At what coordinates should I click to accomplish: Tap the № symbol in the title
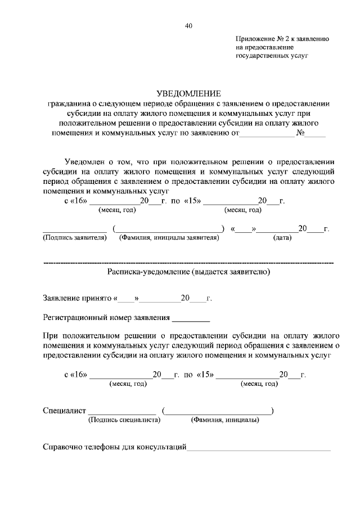300,134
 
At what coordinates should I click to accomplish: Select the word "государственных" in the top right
262,56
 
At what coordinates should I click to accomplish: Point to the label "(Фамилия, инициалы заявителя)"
168,238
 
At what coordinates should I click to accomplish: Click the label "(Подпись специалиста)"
124,420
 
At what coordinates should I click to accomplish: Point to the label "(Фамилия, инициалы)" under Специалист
225,420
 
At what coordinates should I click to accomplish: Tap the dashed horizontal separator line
188,263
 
